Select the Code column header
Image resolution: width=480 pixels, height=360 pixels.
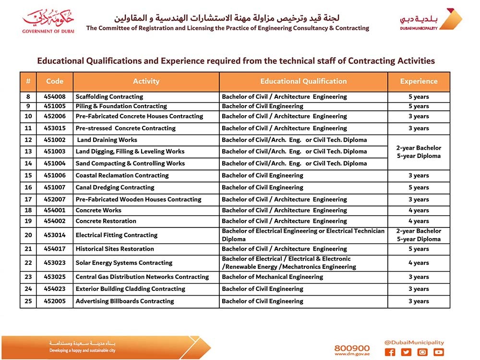(55, 82)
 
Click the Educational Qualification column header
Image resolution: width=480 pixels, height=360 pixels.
(303, 82)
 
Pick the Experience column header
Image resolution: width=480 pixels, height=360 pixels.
(419, 82)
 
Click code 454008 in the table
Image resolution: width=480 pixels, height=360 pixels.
(55, 96)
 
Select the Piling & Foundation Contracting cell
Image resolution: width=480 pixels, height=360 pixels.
(121, 106)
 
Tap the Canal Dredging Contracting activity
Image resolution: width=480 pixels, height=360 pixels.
(115, 187)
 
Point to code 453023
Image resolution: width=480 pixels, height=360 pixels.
(55, 263)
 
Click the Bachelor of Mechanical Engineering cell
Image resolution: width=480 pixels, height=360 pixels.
(273, 277)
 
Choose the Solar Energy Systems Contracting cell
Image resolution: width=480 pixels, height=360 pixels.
(124, 263)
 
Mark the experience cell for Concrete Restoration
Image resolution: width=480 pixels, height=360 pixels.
(419, 221)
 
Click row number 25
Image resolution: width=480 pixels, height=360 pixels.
(28, 301)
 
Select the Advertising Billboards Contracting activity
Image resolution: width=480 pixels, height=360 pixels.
(125, 301)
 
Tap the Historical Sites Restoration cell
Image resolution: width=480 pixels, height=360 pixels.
(115, 249)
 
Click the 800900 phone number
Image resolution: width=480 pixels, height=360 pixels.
(352, 348)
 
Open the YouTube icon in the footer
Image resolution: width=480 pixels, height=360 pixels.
(438, 352)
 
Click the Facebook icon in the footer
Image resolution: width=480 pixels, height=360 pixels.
(390, 352)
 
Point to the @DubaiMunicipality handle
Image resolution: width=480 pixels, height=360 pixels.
(414, 343)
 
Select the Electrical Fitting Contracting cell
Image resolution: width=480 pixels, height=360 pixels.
(117, 235)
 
